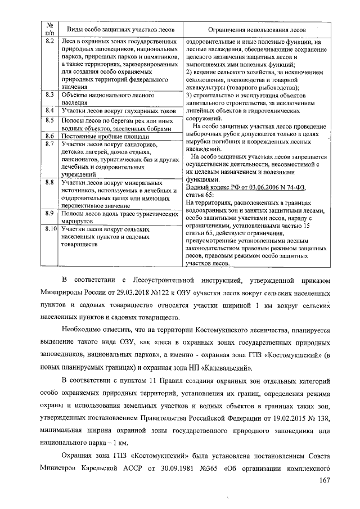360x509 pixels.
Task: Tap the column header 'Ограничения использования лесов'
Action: pos(256,29)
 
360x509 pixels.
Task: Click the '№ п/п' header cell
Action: pos(49,29)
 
